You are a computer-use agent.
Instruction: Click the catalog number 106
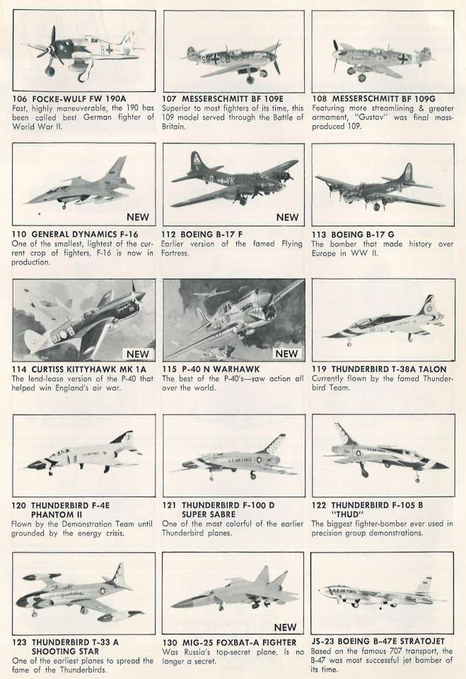click(20, 99)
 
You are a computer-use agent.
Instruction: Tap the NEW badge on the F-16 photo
click(138, 217)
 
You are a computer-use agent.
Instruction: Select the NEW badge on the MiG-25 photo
click(286, 627)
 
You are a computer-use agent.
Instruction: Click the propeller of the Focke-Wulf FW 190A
click(51, 47)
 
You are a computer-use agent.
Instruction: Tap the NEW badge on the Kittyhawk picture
click(138, 354)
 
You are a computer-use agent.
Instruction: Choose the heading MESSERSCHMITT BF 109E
click(232, 99)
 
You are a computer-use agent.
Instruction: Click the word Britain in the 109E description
click(174, 127)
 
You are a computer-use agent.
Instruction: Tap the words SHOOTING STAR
click(65, 651)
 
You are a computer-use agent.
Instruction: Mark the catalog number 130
click(169, 643)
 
